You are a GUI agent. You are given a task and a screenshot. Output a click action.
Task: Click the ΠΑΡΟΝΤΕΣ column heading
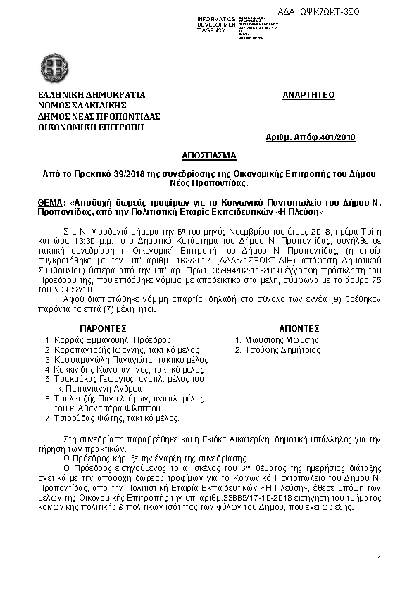[102, 328]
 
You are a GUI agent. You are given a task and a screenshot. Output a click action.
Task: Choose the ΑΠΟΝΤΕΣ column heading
[299, 328]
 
